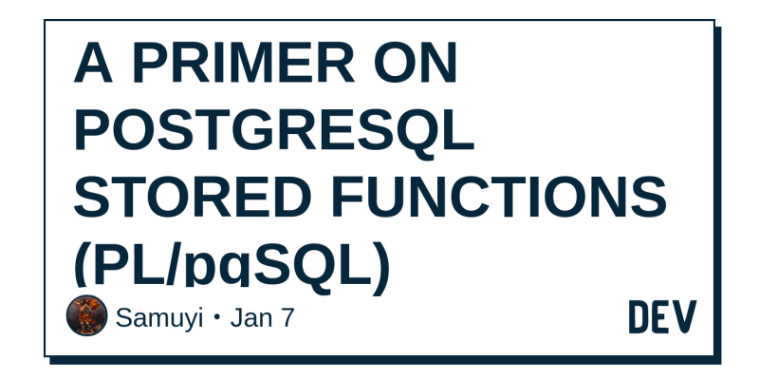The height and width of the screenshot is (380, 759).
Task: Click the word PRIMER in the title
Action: pos(244,63)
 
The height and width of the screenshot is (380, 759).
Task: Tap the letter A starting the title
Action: pos(93,63)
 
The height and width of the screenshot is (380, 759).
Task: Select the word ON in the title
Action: pos(416,63)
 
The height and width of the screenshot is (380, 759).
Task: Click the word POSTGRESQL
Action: pos(274,131)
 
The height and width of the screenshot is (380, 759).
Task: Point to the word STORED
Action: pos(193,198)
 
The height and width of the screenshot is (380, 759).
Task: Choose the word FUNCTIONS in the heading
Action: pos(499,198)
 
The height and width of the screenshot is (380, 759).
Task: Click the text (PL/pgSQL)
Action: pos(231,267)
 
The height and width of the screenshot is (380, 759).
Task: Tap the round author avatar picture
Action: pos(86,315)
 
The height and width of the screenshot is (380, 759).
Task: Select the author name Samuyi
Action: pos(159,319)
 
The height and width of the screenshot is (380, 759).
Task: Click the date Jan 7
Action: pos(262,318)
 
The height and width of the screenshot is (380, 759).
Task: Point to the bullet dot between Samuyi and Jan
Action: pos(216,318)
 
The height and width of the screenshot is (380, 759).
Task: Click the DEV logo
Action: pos(662,316)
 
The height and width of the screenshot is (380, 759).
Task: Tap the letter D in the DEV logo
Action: pos(639,316)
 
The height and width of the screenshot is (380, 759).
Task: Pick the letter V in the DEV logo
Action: pos(685,316)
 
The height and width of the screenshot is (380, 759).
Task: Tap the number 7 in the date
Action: pos(287,318)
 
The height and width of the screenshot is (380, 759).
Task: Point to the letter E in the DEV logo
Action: pos(661,316)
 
